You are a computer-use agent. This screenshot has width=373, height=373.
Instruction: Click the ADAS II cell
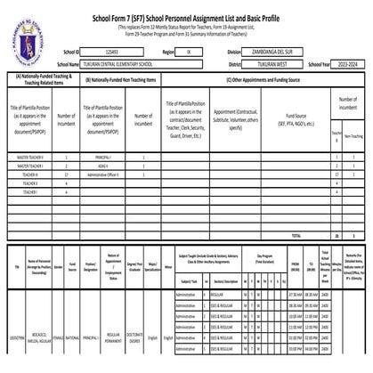point(103,166)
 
